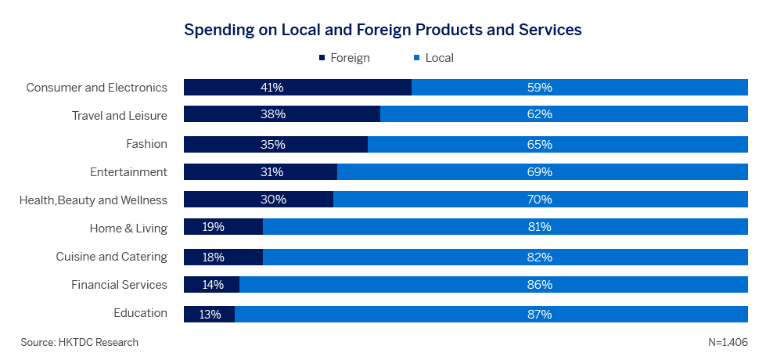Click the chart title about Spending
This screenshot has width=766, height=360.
[383, 30]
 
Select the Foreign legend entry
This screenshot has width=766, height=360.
[344, 58]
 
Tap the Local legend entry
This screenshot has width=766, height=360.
[433, 58]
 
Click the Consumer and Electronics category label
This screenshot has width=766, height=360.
[96, 88]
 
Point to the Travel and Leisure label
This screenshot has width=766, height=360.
[119, 116]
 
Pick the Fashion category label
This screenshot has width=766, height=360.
[146, 144]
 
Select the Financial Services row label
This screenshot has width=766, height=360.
[119, 284]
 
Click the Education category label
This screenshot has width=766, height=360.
[140, 313]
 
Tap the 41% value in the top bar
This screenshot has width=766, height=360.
[272, 88]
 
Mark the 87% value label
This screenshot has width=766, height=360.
[539, 315]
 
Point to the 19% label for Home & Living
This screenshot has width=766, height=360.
[213, 227]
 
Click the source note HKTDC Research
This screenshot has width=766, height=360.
[80, 342]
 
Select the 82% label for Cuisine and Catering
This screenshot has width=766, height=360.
[539, 257]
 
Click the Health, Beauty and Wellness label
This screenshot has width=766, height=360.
[93, 200]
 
